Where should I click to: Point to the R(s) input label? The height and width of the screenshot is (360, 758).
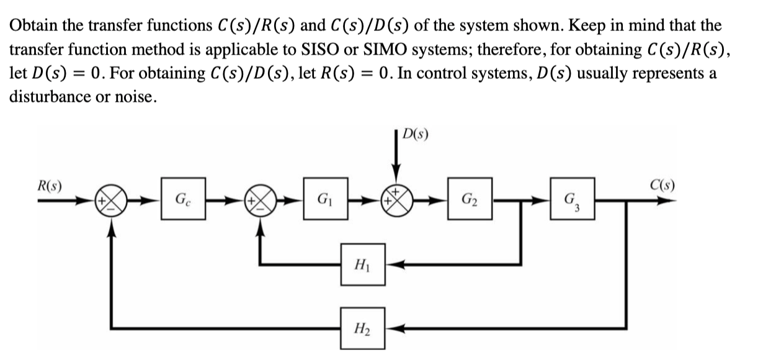pyautogui.click(x=52, y=184)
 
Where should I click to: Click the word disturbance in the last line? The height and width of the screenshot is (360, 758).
pyautogui.click(x=47, y=97)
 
